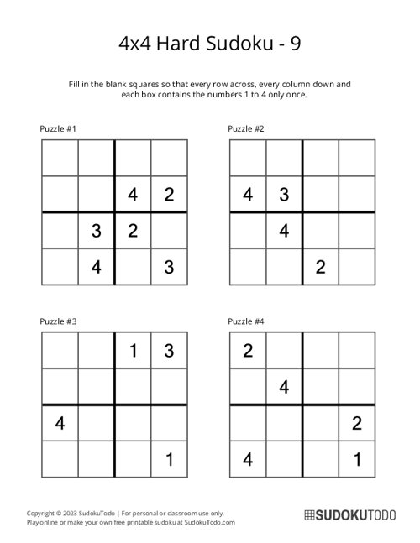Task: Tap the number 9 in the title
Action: click(x=297, y=43)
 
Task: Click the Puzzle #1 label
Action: click(x=59, y=128)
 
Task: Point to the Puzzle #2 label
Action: click(x=247, y=128)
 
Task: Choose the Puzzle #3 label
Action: click(x=59, y=321)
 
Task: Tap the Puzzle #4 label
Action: click(x=247, y=321)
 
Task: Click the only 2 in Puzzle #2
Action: click(x=320, y=266)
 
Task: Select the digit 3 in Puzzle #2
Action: click(x=284, y=195)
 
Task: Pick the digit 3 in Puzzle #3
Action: click(x=169, y=352)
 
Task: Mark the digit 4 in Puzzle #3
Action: click(x=60, y=424)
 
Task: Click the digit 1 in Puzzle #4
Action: click(x=357, y=459)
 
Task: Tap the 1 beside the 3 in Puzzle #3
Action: click(x=133, y=352)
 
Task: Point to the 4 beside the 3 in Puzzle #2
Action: click(x=248, y=195)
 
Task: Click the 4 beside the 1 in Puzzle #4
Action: click(x=248, y=459)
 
